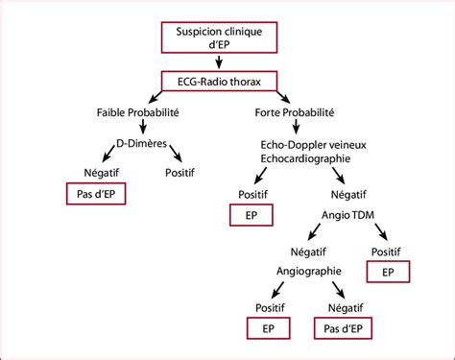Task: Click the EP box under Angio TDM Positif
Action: [388, 273]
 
